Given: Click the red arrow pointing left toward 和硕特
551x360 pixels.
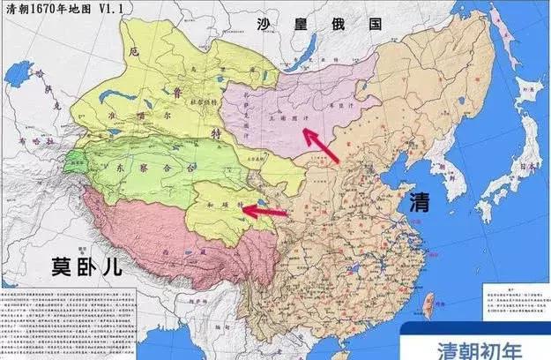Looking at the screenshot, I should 264,211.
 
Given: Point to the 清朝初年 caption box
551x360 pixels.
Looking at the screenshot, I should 473,346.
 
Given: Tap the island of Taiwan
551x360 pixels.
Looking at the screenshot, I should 428,304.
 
